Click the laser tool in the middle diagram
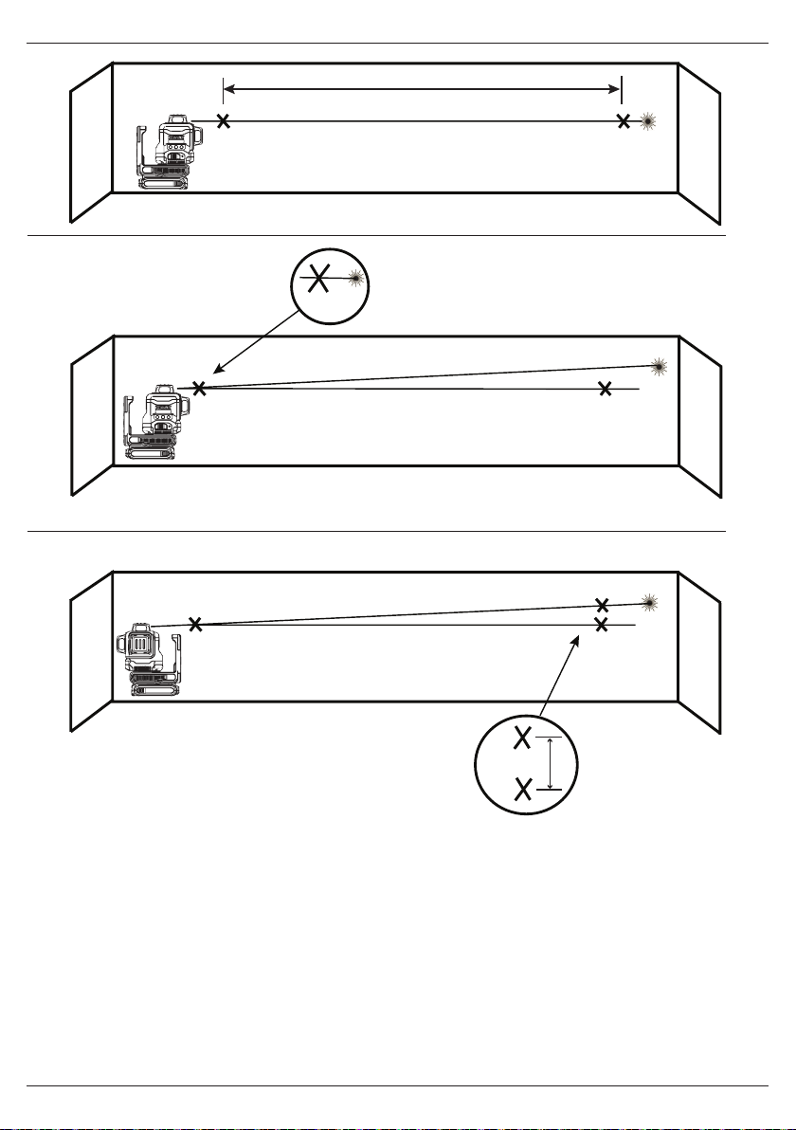point(155,422)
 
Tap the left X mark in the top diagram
point(223,121)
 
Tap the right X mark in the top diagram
point(623,121)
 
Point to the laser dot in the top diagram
point(648,121)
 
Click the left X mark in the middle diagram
point(199,388)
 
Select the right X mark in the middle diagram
point(606,388)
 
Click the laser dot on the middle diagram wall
point(660,366)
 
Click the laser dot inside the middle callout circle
point(356,277)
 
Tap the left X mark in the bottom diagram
point(194,624)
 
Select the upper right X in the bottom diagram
point(601,604)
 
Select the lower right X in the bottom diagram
point(601,624)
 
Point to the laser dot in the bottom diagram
point(649,601)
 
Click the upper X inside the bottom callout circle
point(521,738)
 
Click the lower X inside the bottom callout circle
point(521,788)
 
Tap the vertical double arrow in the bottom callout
point(551,763)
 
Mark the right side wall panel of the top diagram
point(699,141)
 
